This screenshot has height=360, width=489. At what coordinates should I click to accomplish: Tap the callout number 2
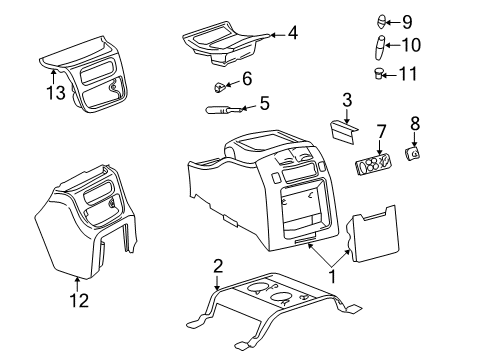coord(218,265)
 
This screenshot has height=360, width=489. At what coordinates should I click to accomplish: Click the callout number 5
coord(264,102)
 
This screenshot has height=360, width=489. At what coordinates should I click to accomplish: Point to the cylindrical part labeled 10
coord(381,45)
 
